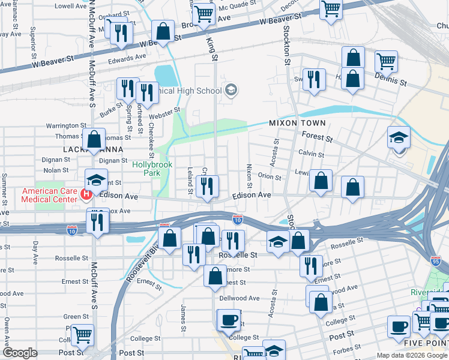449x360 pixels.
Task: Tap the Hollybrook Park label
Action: coord(147,168)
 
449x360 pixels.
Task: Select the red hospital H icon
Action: coord(86,194)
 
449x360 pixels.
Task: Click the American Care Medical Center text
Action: coord(50,196)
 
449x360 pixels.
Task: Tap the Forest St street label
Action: coord(318,137)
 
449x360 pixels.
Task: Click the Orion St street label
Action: coord(269,177)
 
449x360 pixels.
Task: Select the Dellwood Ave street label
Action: coord(240,298)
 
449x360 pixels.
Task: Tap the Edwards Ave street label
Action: coord(127,59)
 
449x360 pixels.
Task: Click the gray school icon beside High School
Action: coord(231,91)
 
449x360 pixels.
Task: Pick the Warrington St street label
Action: coord(66,126)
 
